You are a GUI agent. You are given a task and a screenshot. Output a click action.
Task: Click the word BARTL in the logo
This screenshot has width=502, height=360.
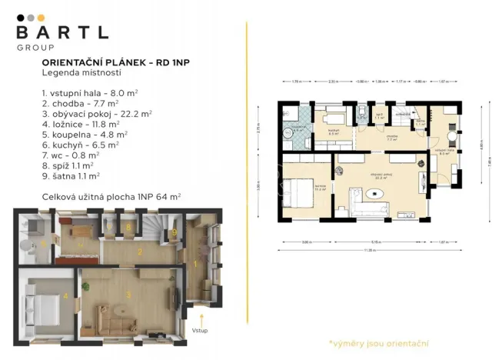pyautogui.click(x=62, y=33)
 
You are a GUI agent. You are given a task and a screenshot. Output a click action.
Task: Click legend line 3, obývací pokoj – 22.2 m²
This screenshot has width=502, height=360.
pyautogui.click(x=97, y=112)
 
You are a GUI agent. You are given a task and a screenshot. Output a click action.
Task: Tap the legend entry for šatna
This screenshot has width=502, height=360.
pyautogui.click(x=68, y=175)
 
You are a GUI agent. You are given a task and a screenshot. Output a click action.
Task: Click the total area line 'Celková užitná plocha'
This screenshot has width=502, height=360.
pyautogui.click(x=111, y=197)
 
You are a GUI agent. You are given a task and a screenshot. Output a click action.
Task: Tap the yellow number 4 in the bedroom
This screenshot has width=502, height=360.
pyautogui.click(x=66, y=295)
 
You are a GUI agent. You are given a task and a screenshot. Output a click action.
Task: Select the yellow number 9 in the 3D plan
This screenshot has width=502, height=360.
pyautogui.click(x=175, y=231)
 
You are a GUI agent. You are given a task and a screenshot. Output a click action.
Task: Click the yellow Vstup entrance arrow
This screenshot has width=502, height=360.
pyautogui.click(x=201, y=318)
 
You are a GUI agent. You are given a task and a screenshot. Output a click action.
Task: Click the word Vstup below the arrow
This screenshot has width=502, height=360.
pyautogui.click(x=201, y=331)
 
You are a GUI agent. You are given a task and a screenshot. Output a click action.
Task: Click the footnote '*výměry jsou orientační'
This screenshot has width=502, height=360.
pyautogui.click(x=378, y=342)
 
